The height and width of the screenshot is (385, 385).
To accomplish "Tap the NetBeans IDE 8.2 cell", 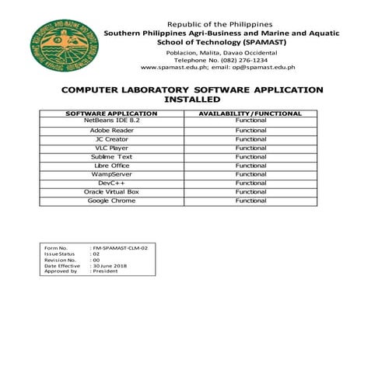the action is pos(112,121).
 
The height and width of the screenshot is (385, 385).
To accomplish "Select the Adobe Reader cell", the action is pos(112,130).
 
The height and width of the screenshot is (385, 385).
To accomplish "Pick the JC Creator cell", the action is pos(112,139).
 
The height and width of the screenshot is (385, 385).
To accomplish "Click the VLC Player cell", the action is pos(112,148).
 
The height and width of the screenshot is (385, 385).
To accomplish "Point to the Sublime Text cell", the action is pos(112,156).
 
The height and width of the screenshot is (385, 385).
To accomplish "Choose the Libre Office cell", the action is pos(112,166).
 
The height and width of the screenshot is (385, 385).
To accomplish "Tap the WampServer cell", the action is pos(112,174).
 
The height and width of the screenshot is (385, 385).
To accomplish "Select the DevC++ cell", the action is pos(112,183).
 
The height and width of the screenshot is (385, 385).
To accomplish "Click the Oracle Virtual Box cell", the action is pos(112,192).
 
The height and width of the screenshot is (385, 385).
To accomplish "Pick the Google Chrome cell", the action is pos(112,201).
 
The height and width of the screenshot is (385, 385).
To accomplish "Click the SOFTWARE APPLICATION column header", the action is pos(112,114).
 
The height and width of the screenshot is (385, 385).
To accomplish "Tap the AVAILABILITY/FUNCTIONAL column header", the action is pos(250,114).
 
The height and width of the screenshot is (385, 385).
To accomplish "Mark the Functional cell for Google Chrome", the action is pos(250,201).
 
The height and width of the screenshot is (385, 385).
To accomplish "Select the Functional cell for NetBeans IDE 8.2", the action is pos(250,121).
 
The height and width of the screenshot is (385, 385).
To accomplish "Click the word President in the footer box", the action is pos(107,272).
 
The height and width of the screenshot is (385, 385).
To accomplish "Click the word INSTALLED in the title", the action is pos(192,100).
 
